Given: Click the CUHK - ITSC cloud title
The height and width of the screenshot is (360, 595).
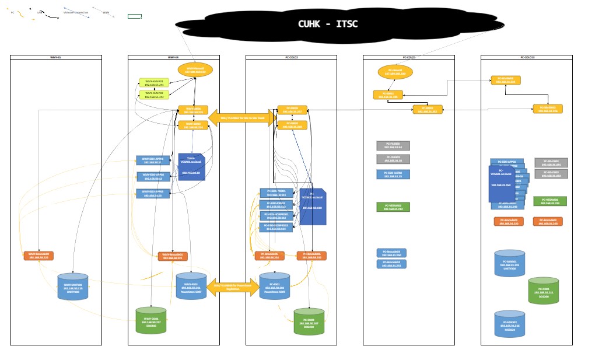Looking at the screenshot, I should (x=327, y=24).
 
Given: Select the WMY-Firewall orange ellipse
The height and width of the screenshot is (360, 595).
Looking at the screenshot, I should (x=195, y=71).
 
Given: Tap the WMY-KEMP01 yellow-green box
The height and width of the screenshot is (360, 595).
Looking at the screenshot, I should (x=154, y=83).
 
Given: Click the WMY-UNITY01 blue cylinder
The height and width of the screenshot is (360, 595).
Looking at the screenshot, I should (x=73, y=287).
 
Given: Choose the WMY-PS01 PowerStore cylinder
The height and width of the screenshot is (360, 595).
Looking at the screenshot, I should (x=191, y=286).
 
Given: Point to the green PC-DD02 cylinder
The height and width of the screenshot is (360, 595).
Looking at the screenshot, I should (x=309, y=321).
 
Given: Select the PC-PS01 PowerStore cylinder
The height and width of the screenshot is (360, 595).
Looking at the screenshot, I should (x=274, y=286).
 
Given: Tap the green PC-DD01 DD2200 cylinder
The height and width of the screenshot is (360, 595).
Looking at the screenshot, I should (x=543, y=290).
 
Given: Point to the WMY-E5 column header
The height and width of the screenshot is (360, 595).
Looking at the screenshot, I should (x=56, y=57).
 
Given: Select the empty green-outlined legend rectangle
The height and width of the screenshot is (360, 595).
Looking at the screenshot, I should (x=135, y=16).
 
